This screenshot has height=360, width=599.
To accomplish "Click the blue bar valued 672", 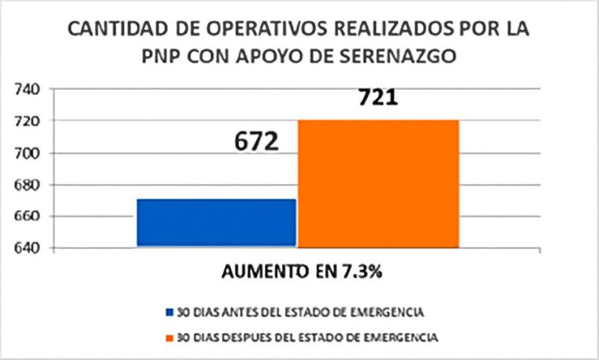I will [x=216, y=223].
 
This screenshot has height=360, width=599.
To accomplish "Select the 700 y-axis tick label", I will [x=28, y=153].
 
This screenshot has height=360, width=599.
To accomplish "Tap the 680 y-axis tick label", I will [x=28, y=184].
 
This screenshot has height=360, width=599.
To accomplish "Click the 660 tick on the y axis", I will [x=28, y=216].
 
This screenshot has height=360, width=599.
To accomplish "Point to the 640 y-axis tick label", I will [x=28, y=248].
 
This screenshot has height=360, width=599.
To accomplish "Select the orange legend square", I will [x=169, y=336].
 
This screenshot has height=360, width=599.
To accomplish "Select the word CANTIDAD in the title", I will [x=111, y=29].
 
